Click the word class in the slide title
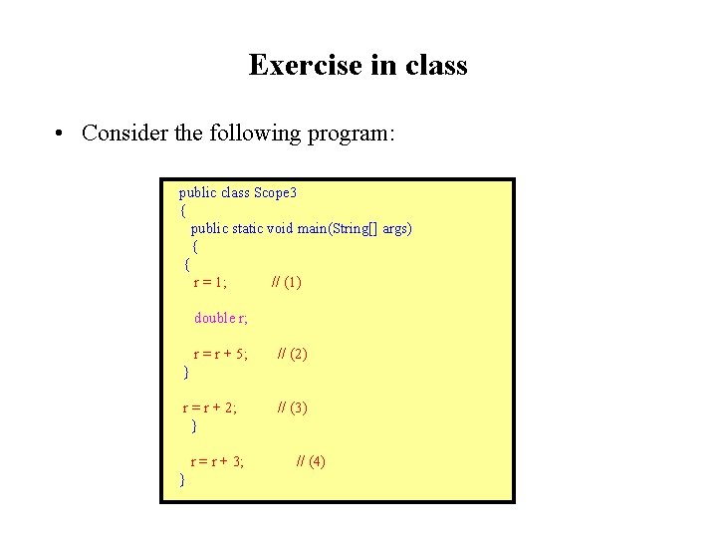point(436,66)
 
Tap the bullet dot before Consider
point(61,134)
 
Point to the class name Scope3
point(276,192)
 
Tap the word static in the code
point(247,228)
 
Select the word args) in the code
point(396,228)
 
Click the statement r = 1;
point(210,282)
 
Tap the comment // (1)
point(287,282)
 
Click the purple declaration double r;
point(221,318)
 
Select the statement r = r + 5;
point(220,354)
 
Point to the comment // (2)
point(293,354)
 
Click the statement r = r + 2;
point(210,407)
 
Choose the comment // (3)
point(293,407)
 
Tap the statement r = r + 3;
point(218,461)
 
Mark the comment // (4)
point(311,461)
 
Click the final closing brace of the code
point(181,480)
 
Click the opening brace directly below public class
point(183,210)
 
